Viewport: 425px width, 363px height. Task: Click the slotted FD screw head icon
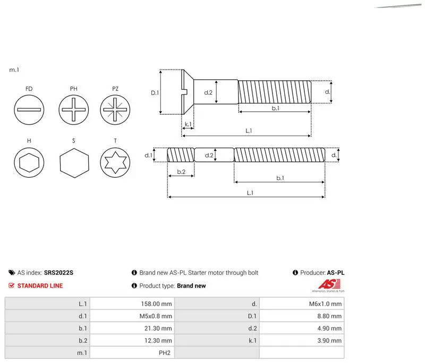click(x=29, y=110)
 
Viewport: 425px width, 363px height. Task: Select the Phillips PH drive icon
click(x=74, y=110)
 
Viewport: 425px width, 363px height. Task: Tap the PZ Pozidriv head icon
click(x=115, y=110)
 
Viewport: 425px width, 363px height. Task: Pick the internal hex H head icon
click(x=29, y=163)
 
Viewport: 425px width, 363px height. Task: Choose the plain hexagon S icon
click(x=74, y=163)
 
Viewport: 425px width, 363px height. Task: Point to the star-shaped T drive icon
click(x=115, y=163)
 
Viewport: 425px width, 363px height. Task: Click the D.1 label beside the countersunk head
click(x=155, y=92)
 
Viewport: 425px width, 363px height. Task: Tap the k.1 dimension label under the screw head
click(x=188, y=124)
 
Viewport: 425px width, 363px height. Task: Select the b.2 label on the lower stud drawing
click(x=181, y=172)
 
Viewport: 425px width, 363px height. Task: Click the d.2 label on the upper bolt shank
click(x=208, y=92)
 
